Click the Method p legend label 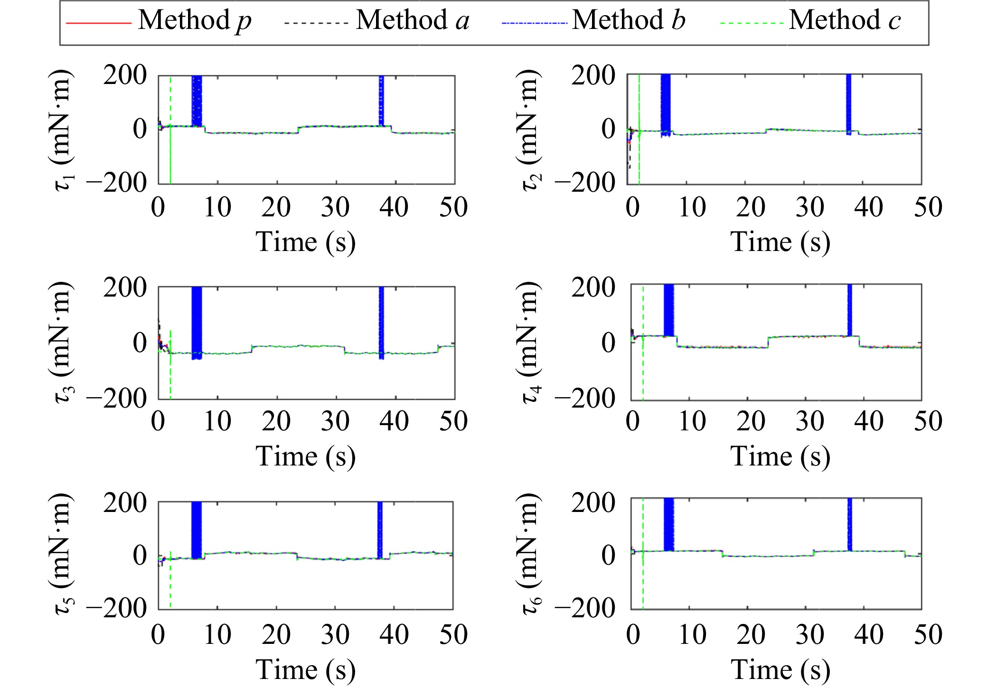click(x=195, y=21)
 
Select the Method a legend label click(x=413, y=21)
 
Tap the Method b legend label click(x=629, y=21)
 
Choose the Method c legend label click(x=845, y=21)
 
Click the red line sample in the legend click(x=98, y=23)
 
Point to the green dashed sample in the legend click(x=752, y=23)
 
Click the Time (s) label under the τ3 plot click(x=306, y=456)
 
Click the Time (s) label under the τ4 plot click(x=780, y=456)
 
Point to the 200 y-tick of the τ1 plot click(x=125, y=75)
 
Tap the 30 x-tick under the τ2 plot click(x=809, y=207)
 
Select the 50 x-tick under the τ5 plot click(x=453, y=635)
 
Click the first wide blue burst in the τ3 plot click(x=197, y=323)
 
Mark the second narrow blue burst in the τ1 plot click(x=381, y=101)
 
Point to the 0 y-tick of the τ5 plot click(x=140, y=555)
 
